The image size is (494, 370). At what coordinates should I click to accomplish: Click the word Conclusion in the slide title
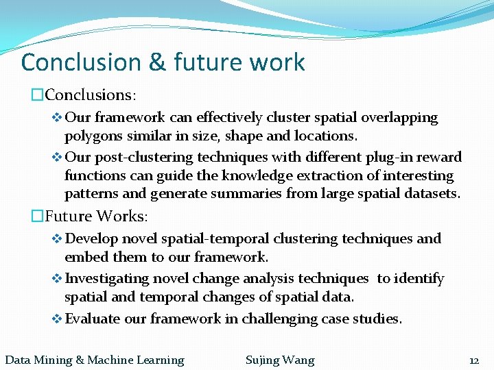[x=81, y=62]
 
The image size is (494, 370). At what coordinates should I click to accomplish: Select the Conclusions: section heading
[x=90, y=94]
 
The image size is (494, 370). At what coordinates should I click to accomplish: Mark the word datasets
[x=427, y=194]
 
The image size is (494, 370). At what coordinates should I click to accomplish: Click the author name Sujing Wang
[x=280, y=360]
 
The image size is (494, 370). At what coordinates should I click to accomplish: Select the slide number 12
[x=473, y=360]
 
